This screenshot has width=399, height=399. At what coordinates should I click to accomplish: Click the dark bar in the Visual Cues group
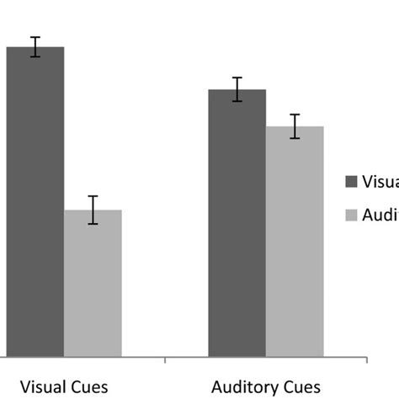(35, 202)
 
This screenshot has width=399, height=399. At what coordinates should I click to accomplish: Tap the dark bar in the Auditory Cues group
(237, 223)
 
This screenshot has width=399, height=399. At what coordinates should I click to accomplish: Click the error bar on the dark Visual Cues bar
(35, 47)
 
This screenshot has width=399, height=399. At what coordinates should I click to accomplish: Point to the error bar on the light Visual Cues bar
(93, 210)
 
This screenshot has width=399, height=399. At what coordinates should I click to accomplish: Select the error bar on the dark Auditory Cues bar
(237, 89)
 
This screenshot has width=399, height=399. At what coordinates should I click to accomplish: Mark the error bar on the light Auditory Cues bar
(295, 126)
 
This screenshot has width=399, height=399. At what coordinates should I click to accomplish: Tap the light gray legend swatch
(352, 215)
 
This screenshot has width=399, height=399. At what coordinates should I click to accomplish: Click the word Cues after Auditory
(301, 387)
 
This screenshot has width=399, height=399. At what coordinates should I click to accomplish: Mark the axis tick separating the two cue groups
(164, 361)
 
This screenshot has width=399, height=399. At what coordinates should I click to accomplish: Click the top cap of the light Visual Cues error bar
(93, 196)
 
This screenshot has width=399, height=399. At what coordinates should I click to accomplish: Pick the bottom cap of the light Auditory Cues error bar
(295, 138)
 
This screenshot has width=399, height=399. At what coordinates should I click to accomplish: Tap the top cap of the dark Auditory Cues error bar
(237, 77)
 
